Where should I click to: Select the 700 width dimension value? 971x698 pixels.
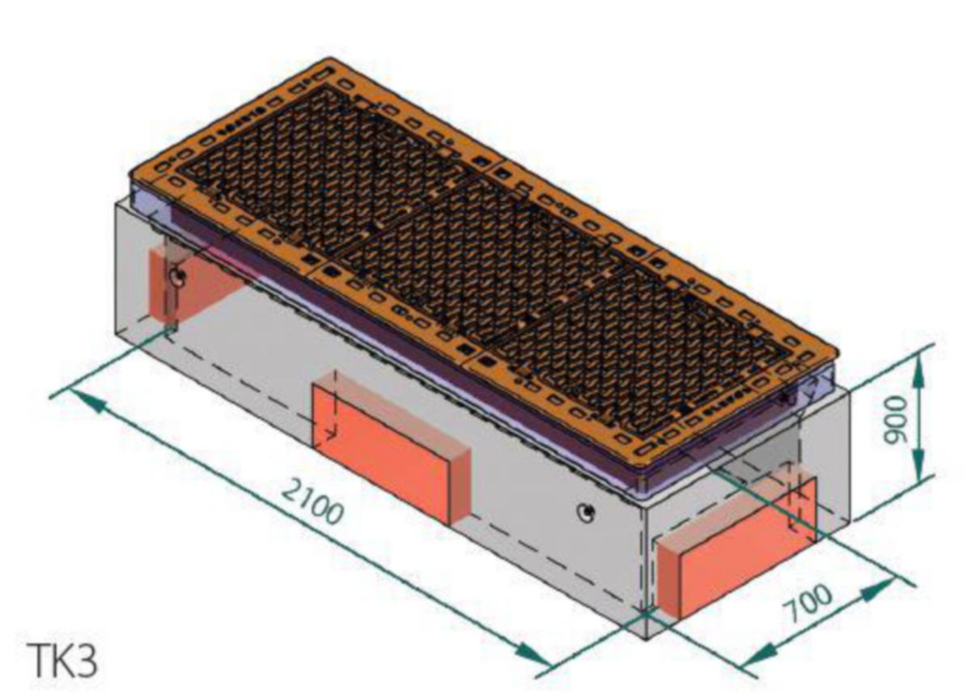(809, 604)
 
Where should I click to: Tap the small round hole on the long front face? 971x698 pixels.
(586, 514)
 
